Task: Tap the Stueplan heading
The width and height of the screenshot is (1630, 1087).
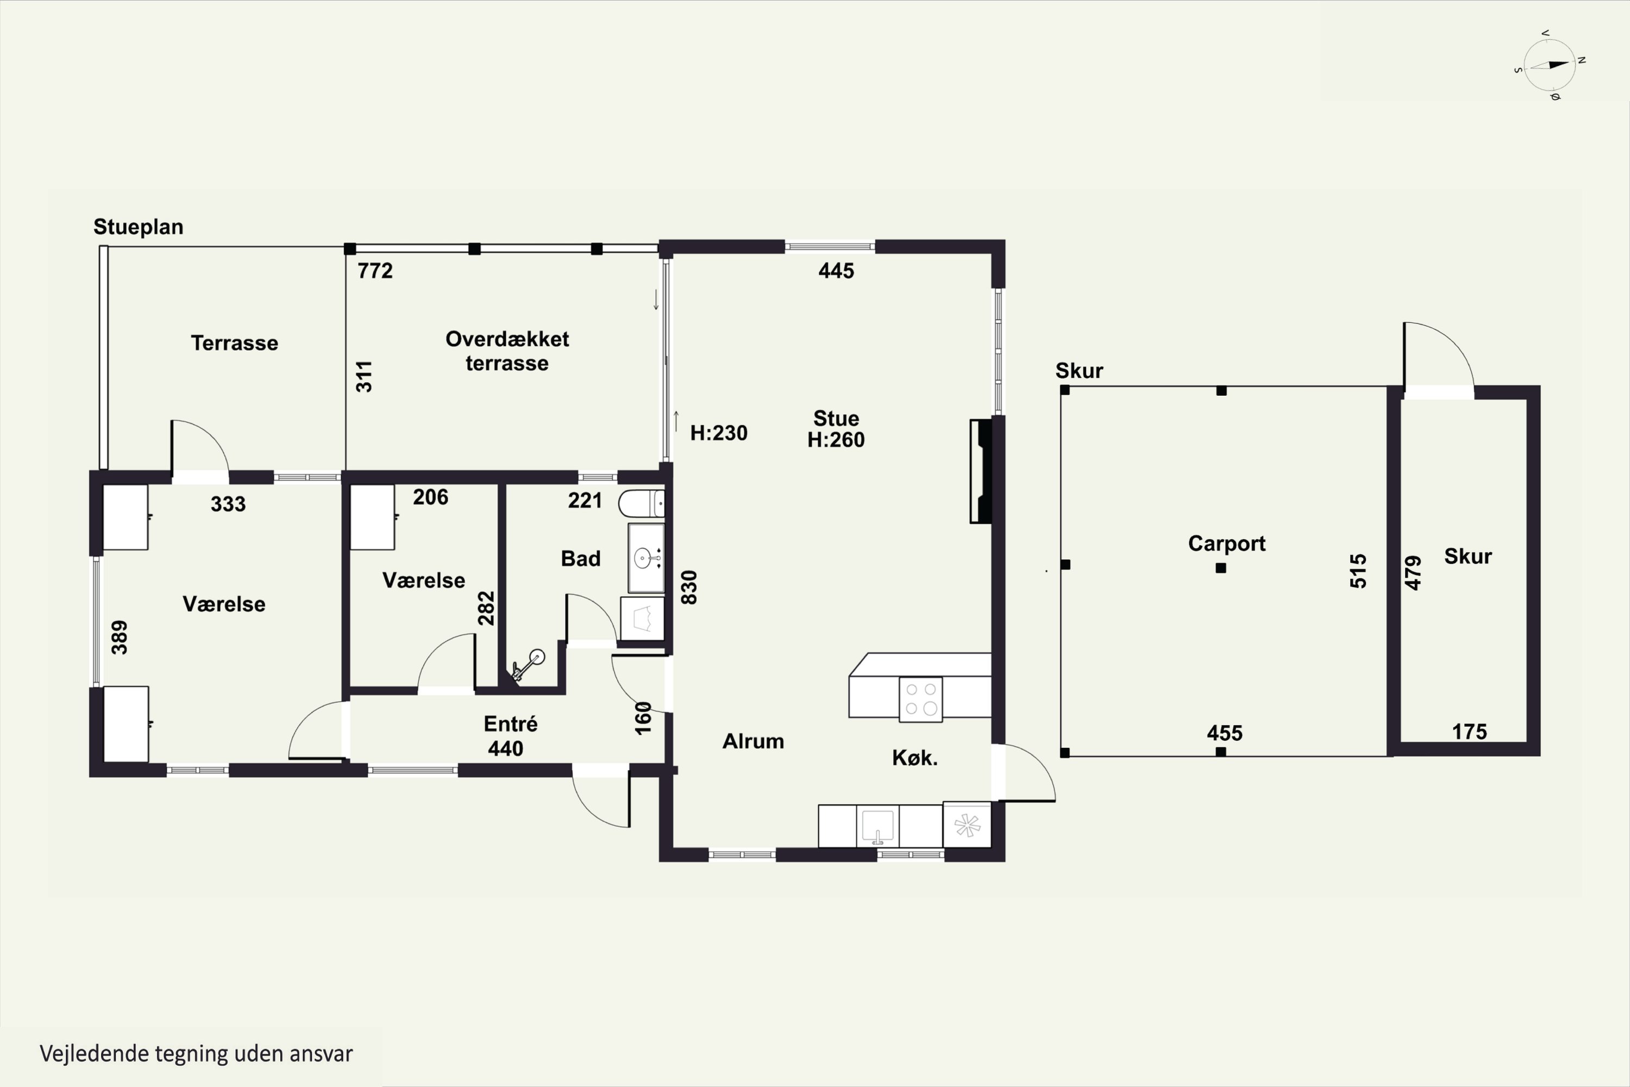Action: click(x=138, y=227)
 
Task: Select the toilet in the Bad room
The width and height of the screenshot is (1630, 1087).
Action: click(x=641, y=503)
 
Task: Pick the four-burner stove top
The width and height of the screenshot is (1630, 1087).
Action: click(x=920, y=699)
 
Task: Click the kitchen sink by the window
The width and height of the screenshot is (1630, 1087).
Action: click(x=877, y=826)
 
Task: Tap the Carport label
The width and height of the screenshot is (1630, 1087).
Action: click(x=1227, y=543)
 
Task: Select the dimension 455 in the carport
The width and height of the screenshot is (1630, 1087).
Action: click(x=1225, y=733)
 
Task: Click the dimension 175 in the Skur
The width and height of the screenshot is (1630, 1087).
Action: click(x=1469, y=732)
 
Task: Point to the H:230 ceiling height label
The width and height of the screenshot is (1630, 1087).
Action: click(x=719, y=433)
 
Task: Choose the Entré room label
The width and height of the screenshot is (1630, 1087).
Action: click(x=511, y=724)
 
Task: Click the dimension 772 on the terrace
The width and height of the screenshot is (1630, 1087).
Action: click(x=375, y=270)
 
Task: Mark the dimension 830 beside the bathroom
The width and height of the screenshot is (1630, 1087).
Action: click(x=689, y=587)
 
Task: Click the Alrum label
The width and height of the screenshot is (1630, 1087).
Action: click(x=753, y=741)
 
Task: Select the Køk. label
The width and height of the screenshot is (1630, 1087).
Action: click(x=915, y=758)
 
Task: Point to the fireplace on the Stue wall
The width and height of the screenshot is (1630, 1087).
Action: click(x=981, y=471)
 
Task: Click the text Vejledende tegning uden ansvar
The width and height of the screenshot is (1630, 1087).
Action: click(x=196, y=1054)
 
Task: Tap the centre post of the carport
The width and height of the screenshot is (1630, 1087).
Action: click(x=1221, y=568)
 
